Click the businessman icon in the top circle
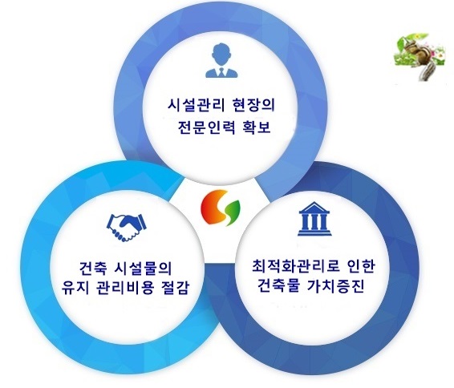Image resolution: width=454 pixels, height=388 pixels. [x=221, y=60]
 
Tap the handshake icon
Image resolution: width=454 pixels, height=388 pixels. [x=127, y=228]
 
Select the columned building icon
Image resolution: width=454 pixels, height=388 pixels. [x=314, y=219]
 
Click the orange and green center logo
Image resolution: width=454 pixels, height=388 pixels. [x=221, y=208]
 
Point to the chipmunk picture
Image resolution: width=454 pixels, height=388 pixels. [x=420, y=57]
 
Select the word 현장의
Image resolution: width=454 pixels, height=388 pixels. [x=253, y=105]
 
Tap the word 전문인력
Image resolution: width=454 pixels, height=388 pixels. [x=206, y=127]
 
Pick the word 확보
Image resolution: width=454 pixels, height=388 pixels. [x=257, y=127]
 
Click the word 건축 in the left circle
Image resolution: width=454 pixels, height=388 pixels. [x=93, y=269]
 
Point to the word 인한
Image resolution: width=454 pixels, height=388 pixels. [x=361, y=266]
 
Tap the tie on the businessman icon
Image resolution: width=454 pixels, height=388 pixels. [x=221, y=72]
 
